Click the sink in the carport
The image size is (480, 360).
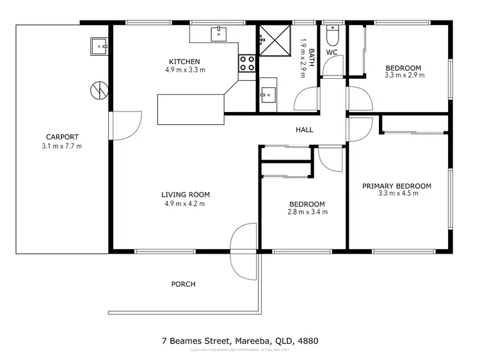pyautogui.click(x=99, y=45)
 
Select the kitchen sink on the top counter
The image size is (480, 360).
pyautogui.click(x=220, y=33)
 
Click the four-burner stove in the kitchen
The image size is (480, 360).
pyautogui.click(x=248, y=63)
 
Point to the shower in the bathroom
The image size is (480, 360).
pyautogui.click(x=273, y=41)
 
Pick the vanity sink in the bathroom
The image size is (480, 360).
pyautogui.click(x=268, y=94)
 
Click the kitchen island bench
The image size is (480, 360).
pyautogui.click(x=192, y=108)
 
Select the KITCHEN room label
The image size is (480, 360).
pyautogui.click(x=184, y=61)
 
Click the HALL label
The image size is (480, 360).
pyautogui.click(x=304, y=130)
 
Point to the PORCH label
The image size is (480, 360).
pyautogui.click(x=183, y=284)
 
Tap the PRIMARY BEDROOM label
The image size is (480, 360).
pyautogui.click(x=396, y=186)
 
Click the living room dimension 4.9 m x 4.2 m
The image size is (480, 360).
pyautogui.click(x=184, y=204)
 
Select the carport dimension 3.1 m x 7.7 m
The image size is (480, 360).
pyautogui.click(x=62, y=146)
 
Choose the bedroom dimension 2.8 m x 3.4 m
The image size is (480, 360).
pyautogui.click(x=307, y=212)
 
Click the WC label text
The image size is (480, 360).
pyautogui.click(x=332, y=52)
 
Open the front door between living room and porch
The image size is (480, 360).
pyautogui.click(x=243, y=240)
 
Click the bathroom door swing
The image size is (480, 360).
pyautogui.click(x=307, y=98)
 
